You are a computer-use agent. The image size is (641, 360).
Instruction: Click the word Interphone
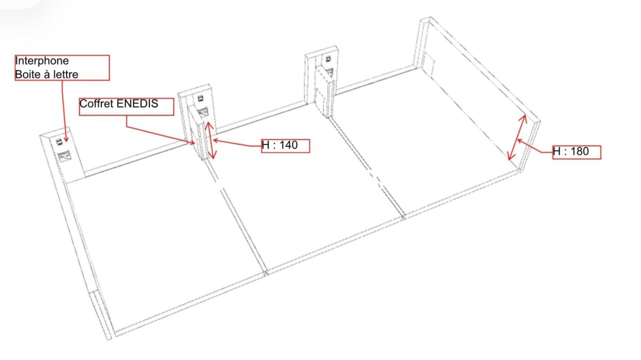(42, 61)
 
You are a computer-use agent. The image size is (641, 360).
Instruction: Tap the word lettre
(65, 75)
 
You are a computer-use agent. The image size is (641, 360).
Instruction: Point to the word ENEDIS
(137, 103)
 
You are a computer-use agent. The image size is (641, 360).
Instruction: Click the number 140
(288, 145)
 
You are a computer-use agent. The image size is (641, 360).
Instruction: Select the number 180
(579, 151)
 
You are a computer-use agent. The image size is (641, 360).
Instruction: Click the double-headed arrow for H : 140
(211, 140)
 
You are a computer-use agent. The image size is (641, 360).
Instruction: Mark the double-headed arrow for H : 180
(517, 137)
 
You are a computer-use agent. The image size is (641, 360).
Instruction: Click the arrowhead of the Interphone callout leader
(66, 139)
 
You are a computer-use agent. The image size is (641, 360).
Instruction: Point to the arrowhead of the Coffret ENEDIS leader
(193, 142)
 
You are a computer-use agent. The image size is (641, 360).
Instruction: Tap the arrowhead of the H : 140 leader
(215, 140)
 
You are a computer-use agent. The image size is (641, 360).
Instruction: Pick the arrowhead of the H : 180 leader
(519, 140)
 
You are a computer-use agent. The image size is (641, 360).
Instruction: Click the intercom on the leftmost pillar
(59, 142)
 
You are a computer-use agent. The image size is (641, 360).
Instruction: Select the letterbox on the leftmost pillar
(64, 156)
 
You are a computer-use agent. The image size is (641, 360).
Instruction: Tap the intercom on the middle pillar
(201, 99)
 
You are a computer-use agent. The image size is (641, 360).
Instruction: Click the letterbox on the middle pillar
(203, 112)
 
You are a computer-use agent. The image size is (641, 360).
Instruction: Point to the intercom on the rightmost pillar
(328, 59)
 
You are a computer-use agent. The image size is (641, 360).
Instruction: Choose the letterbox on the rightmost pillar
(330, 72)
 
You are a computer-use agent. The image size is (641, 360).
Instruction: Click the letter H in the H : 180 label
(556, 151)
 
